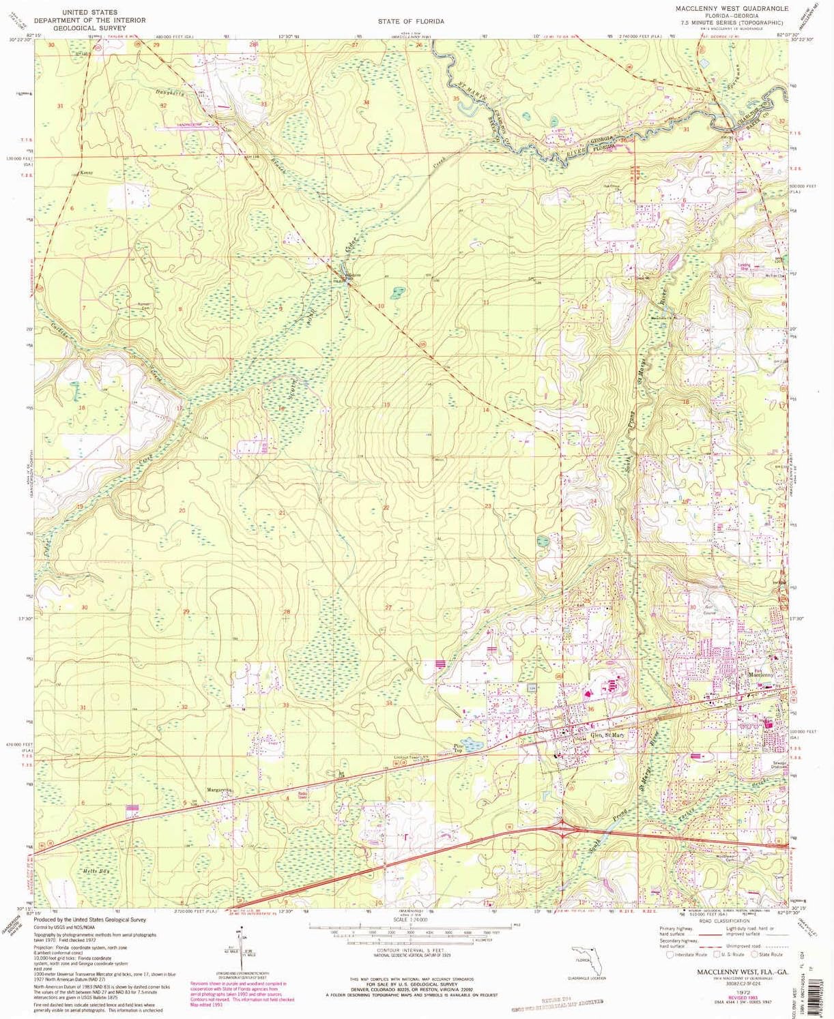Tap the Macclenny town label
click(x=761, y=675)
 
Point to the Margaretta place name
click(x=220, y=790)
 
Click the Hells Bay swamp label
click(x=94, y=872)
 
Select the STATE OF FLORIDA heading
click(x=411, y=21)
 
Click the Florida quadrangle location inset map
click(x=587, y=958)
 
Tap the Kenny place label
click(x=86, y=173)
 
